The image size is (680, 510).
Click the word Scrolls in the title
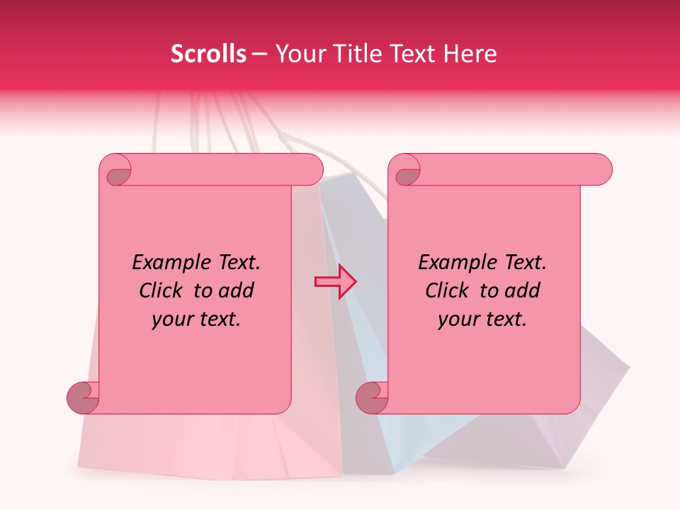(x=208, y=54)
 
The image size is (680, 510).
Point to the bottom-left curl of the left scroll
(x=84, y=397)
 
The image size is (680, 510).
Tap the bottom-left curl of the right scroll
(x=373, y=397)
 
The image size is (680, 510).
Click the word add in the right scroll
(x=523, y=291)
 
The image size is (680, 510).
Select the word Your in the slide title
(x=297, y=54)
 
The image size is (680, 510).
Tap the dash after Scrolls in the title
(x=259, y=54)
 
